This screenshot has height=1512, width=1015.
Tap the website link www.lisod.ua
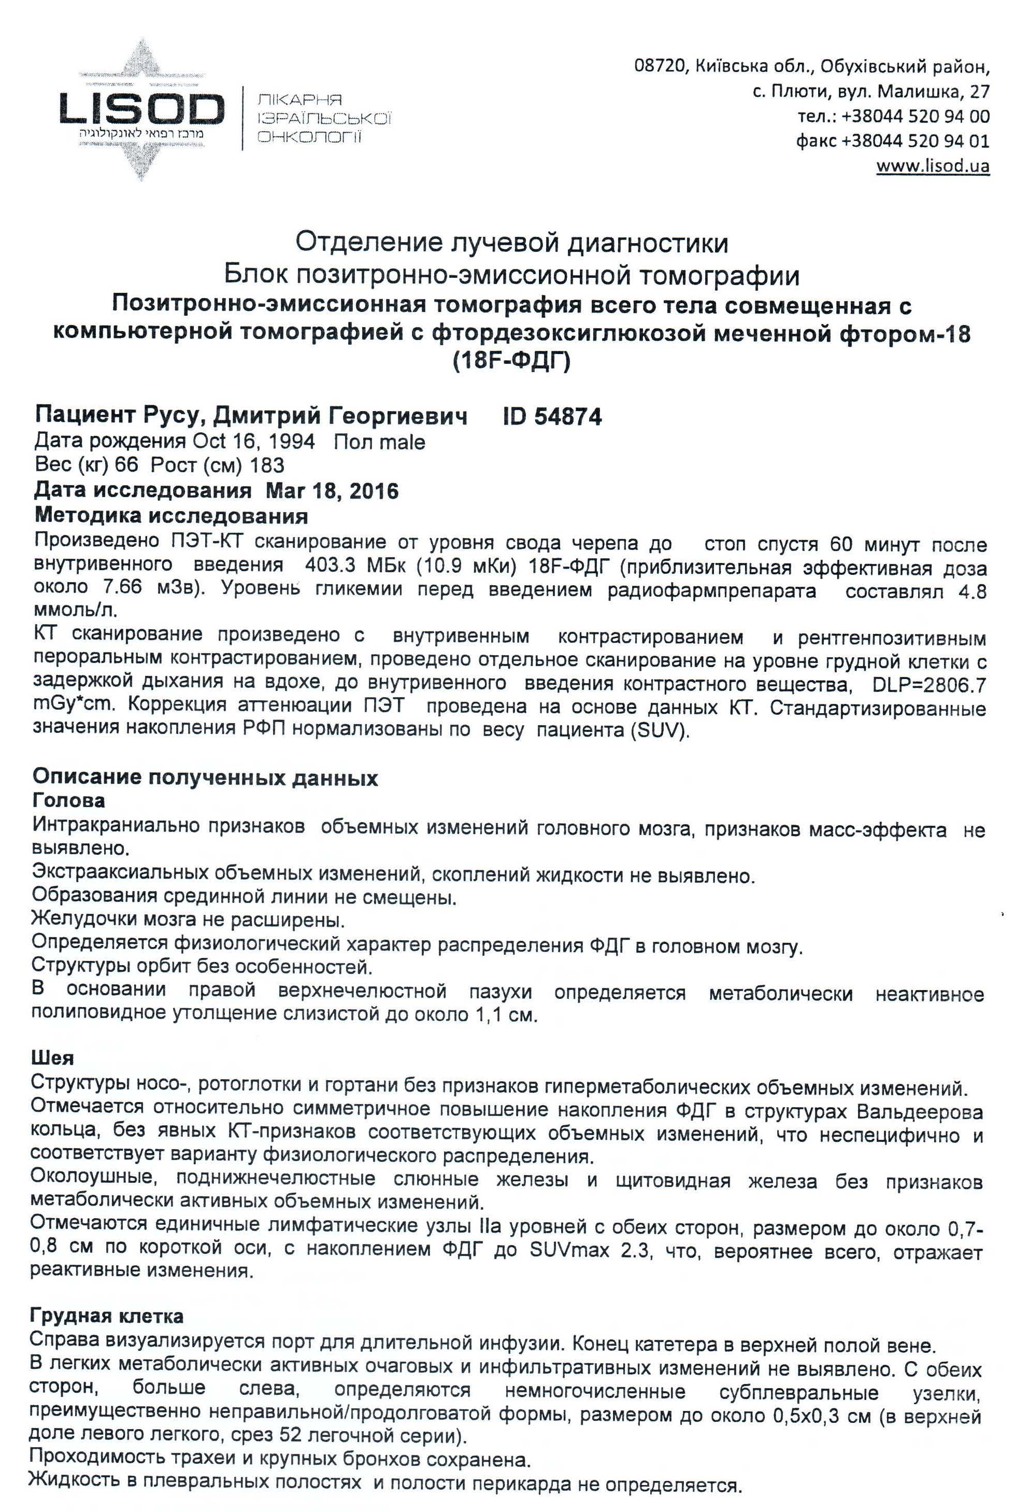click(933, 166)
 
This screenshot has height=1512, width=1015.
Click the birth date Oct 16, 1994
click(254, 442)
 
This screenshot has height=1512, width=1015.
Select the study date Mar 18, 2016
click(332, 491)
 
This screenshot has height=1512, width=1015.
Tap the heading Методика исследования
click(170, 516)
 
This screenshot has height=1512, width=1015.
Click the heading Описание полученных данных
click(205, 778)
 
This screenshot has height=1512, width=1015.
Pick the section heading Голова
click(68, 801)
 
